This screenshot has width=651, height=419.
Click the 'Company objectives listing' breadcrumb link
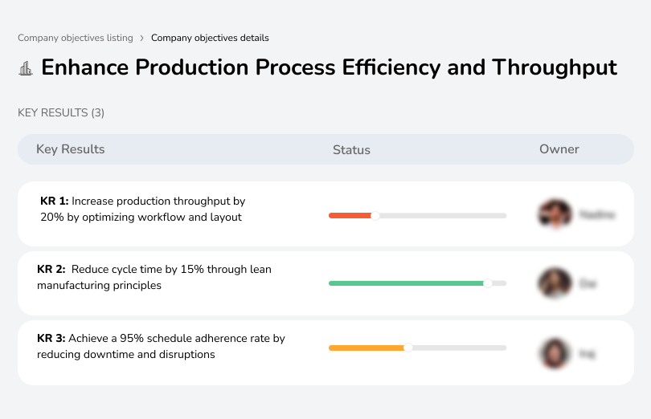pos(76,38)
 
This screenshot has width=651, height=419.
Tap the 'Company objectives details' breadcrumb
pos(210,38)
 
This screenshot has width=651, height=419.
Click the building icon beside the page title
pos(26,69)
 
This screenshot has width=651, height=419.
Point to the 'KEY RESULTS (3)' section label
pos(61,113)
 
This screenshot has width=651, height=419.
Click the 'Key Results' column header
pos(71,149)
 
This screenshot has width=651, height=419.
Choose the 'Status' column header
pos(351,150)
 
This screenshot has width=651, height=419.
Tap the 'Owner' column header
pos(559,149)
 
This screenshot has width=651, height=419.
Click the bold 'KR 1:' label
pos(54,201)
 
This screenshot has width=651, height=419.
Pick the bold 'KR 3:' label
pos(51,339)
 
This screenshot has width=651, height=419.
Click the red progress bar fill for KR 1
pos(349,215)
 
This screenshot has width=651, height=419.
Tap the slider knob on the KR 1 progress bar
pos(375,215)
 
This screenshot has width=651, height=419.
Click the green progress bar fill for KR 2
pos(405,283)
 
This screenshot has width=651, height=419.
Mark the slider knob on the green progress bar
pos(487,283)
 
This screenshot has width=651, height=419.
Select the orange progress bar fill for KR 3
pos(366,348)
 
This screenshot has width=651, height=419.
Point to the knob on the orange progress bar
pos(408,348)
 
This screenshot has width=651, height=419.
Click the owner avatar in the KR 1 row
pos(555,214)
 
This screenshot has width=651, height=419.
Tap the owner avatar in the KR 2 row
pos(555,283)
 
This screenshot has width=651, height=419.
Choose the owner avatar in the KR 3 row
pos(555,353)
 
